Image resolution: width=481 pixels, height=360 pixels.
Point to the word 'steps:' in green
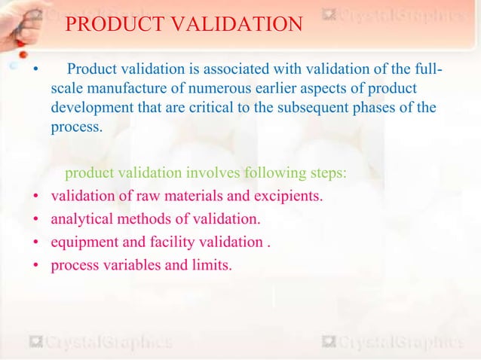point(328,173)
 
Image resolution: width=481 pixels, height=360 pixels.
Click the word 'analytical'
point(81,220)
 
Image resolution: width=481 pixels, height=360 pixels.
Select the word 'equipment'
point(81,243)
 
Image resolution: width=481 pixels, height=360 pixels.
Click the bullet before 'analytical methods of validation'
point(35,221)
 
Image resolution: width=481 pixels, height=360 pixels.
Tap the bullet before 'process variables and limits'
point(35,266)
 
